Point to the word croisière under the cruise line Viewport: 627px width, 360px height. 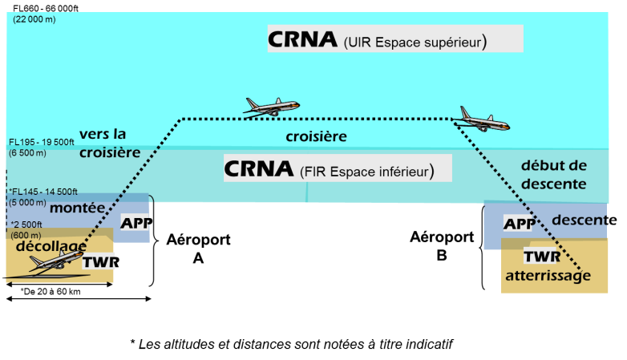[x=317, y=136]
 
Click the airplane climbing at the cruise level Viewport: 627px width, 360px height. [x=272, y=106]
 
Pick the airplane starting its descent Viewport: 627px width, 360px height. [x=485, y=119]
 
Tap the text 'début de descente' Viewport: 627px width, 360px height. [x=553, y=175]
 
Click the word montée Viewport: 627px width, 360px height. [x=78, y=208]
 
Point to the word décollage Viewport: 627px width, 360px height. [x=51, y=245]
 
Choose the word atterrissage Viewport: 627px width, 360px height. [x=548, y=276]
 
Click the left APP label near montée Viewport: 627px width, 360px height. [x=134, y=223]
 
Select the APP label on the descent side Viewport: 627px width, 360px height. [x=518, y=223]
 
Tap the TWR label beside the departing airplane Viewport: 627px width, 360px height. [x=98, y=261]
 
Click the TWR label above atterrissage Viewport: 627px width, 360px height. [x=541, y=257]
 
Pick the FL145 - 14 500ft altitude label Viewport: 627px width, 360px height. [x=43, y=192]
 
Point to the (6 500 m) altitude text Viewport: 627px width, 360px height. [x=28, y=152]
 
